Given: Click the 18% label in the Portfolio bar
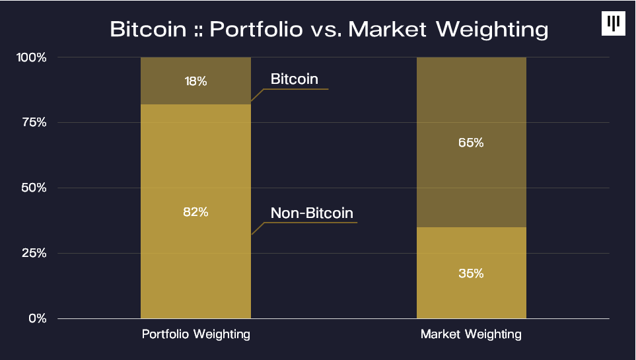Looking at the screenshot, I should click(195, 82).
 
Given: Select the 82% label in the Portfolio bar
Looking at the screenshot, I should click(195, 212).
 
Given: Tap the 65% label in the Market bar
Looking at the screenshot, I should click(471, 143).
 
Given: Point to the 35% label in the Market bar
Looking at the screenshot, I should click(471, 273).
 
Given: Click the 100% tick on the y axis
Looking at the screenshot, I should click(31, 57).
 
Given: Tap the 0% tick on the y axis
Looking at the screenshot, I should click(37, 318).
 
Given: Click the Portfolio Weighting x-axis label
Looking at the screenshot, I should click(196, 334).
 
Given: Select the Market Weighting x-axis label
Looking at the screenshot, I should click(471, 334).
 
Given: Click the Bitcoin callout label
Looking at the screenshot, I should click(295, 79).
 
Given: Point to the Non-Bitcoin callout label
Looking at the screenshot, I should click(312, 213).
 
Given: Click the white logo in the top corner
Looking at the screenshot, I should click(614, 24).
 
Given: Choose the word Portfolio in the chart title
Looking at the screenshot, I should click(257, 30).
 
